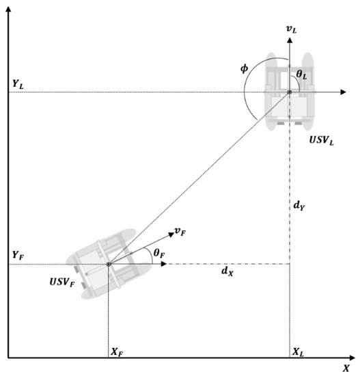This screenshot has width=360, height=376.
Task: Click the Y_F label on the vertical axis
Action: (18, 254)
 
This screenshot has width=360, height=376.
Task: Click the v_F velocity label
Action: (180, 232)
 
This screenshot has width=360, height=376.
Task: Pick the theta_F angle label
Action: (158, 253)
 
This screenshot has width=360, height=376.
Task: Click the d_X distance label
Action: (225, 271)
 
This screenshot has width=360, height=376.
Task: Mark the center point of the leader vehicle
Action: (289, 92)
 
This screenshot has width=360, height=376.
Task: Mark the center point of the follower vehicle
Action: (109, 264)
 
